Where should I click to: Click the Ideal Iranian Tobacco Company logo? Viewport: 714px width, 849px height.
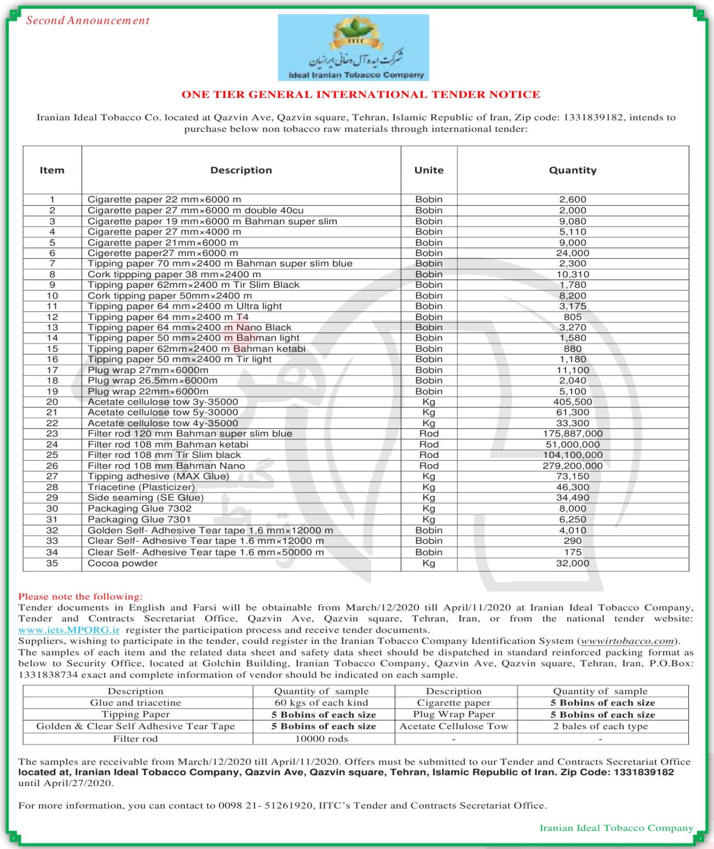tap(353, 48)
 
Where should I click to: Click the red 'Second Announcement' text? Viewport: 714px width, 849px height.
tap(88, 21)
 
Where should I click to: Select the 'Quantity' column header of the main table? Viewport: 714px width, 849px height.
tap(573, 170)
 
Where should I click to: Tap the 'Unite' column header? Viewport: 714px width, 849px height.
tap(429, 170)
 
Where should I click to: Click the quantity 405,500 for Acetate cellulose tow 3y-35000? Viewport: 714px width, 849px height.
tap(573, 402)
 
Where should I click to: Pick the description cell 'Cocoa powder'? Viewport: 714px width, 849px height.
tap(123, 563)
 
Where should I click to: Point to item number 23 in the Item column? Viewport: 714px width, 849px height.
tap(52, 434)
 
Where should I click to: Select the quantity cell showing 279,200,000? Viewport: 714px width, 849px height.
tap(573, 466)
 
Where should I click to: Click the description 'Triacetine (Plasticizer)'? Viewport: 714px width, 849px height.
tap(141, 487)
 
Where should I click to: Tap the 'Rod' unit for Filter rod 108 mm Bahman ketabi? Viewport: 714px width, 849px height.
tap(429, 445)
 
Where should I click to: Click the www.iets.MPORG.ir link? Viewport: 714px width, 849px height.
tap(69, 630)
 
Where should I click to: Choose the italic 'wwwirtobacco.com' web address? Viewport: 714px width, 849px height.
tap(627, 641)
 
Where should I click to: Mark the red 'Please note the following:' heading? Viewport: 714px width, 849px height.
tap(80, 597)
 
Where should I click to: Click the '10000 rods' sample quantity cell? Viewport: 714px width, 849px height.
tap(322, 739)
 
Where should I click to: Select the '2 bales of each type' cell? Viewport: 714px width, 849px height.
tap(600, 726)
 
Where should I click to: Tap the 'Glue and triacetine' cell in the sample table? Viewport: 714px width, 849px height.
tap(136, 703)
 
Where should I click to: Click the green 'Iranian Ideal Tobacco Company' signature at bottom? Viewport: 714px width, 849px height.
tap(617, 828)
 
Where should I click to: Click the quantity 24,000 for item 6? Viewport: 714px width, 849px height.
tap(573, 253)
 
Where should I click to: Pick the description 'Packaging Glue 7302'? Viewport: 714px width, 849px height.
tap(140, 509)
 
